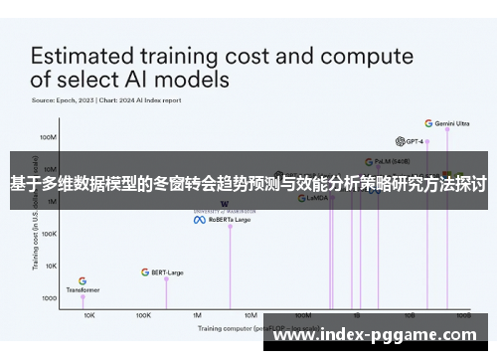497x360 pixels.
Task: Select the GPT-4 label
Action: [x=413, y=141]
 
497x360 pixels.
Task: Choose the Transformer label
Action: [x=83, y=290]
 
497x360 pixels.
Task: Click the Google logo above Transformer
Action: [x=83, y=281]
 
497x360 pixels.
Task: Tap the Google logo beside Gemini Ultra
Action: [x=428, y=124]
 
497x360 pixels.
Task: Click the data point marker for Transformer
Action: [x=83, y=297]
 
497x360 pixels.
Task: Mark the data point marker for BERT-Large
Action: [x=166, y=279]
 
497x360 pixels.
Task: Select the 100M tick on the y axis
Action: [x=48, y=137]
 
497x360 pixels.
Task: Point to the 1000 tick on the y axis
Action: [x=49, y=298]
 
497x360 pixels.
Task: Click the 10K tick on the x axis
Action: [x=89, y=314]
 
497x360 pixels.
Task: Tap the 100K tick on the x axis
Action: [x=143, y=314]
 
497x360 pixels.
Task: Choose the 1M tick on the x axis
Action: [x=197, y=314]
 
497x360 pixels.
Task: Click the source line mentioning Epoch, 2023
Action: [x=105, y=99]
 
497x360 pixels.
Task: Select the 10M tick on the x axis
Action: [x=250, y=314]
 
